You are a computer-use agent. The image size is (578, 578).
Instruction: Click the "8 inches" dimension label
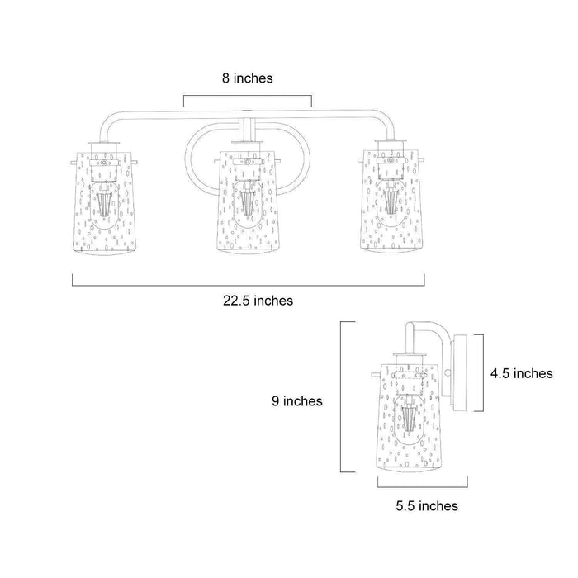(x=248, y=78)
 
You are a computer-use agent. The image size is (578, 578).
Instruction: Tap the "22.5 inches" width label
(x=258, y=301)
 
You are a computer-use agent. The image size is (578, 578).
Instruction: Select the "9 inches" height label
(x=297, y=401)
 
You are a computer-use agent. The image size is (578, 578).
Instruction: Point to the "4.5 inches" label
(x=522, y=373)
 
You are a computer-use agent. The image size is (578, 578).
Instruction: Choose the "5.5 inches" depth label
(x=427, y=505)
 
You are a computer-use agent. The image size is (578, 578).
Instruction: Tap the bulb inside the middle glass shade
(x=248, y=204)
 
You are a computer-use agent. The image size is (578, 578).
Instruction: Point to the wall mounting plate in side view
(x=461, y=372)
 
